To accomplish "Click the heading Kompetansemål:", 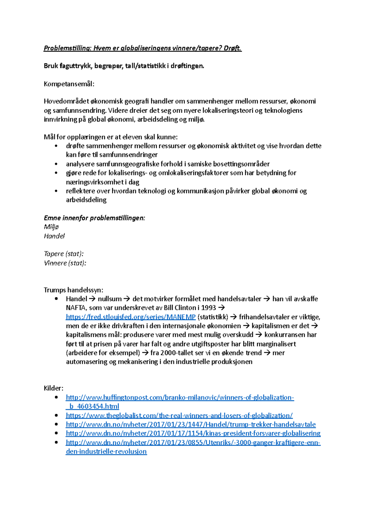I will (x=69, y=84).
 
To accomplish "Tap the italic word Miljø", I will (x=51, y=227).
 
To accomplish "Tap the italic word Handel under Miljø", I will (x=54, y=236).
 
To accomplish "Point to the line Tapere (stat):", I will (x=63, y=254).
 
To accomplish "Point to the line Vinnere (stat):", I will (x=65, y=263).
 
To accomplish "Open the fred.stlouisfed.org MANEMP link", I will (x=131, y=317).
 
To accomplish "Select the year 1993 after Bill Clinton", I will (x=208, y=308).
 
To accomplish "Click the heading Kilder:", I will (x=53, y=388).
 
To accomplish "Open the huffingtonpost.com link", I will (x=180, y=397).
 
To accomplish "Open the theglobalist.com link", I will (x=179, y=416).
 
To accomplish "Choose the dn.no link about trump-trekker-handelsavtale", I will (x=191, y=424).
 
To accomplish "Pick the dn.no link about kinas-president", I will (x=193, y=433).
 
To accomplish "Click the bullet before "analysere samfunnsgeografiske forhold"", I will (x=56, y=164).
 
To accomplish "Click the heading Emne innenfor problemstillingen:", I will (x=94, y=218).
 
